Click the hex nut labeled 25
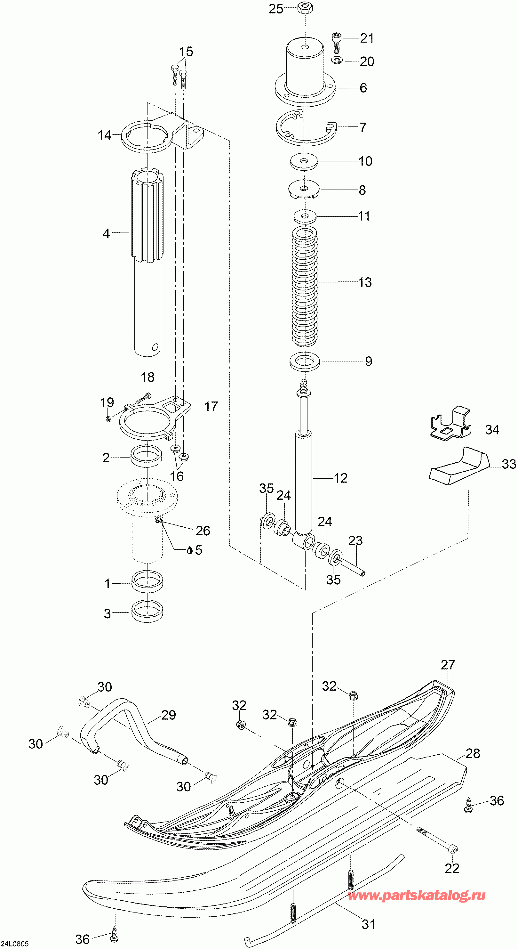pyautogui.click(x=305, y=7)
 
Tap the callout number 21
pyautogui.click(x=367, y=38)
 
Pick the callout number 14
pyautogui.click(x=104, y=135)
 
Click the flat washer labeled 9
pyautogui.click(x=305, y=361)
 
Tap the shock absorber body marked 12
pyautogui.click(x=303, y=479)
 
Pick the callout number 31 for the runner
pyautogui.click(x=368, y=924)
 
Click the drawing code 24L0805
pyautogui.click(x=14, y=944)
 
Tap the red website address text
pyautogui.click(x=416, y=896)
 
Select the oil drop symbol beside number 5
pyautogui.click(x=190, y=550)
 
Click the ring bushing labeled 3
pyautogui.click(x=147, y=612)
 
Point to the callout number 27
pyautogui.click(x=448, y=665)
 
